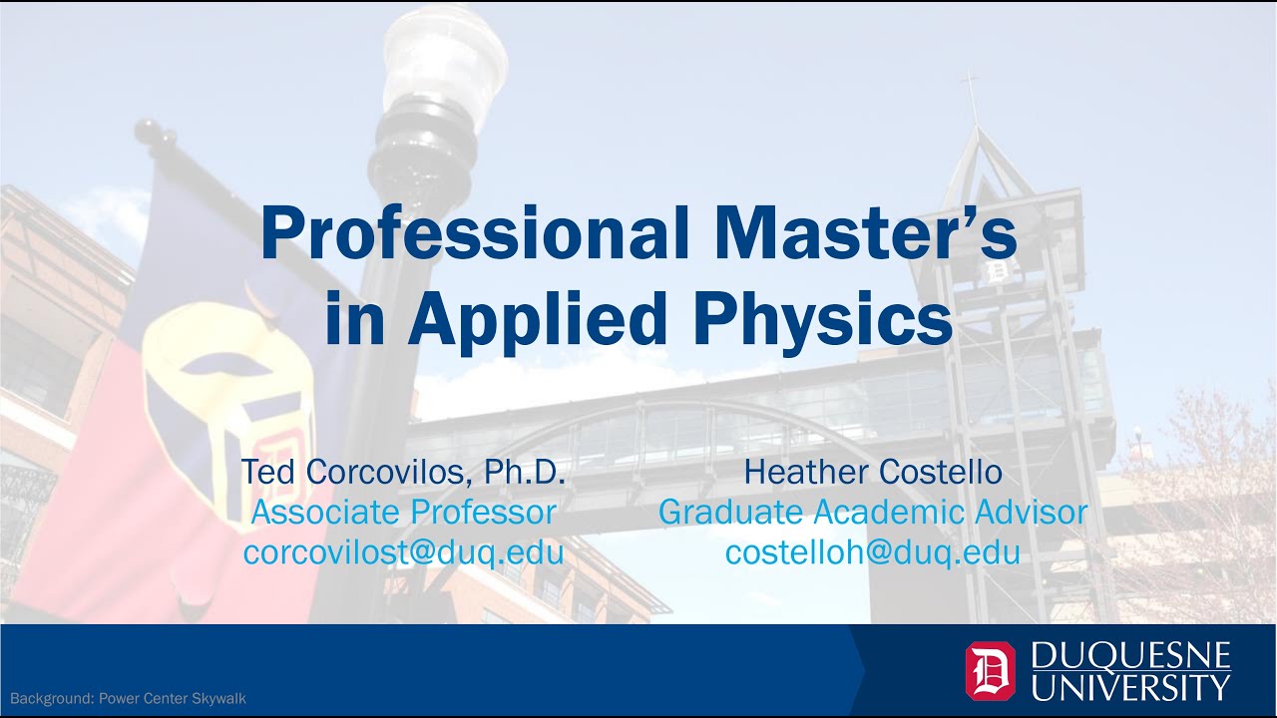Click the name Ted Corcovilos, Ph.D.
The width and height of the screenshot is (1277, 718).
[x=403, y=472]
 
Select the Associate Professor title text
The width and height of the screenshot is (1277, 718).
[x=403, y=512]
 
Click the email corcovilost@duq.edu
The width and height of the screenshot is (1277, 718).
[x=403, y=551]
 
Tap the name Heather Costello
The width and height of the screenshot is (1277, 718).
[x=873, y=472]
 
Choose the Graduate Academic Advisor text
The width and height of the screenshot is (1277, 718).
[x=873, y=512]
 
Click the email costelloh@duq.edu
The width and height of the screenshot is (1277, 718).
[x=873, y=551]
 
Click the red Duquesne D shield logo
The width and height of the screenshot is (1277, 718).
[x=990, y=670]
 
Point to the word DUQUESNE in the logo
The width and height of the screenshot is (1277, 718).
[x=1130, y=655]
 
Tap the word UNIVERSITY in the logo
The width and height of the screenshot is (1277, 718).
[x=1130, y=687]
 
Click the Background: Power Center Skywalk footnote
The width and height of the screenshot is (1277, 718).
[x=128, y=698]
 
